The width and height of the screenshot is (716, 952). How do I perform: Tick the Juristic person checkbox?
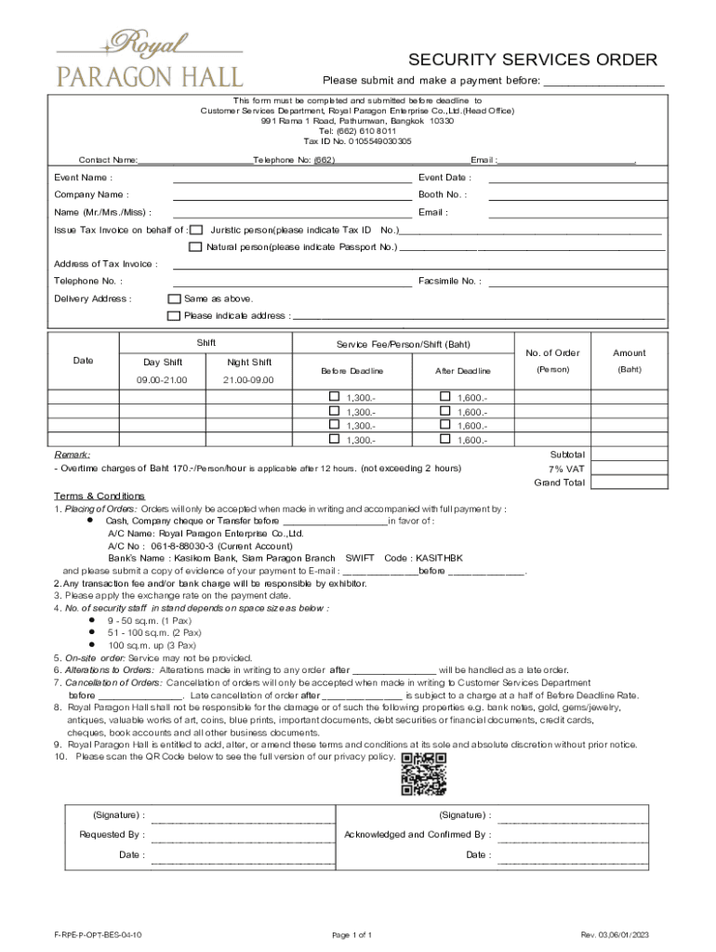(x=195, y=230)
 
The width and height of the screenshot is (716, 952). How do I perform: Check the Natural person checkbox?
(x=195, y=247)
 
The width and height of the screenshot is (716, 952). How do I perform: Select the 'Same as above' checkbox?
(x=173, y=299)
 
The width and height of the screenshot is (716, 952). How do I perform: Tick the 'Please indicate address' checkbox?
(x=173, y=316)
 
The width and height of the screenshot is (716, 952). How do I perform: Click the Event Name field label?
(x=84, y=178)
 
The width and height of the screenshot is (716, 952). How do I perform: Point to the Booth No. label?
(x=443, y=195)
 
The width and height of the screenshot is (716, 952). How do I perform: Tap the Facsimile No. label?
(x=450, y=281)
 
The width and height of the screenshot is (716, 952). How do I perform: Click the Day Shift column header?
(x=163, y=363)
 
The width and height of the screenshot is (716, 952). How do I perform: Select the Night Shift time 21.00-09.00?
(x=249, y=380)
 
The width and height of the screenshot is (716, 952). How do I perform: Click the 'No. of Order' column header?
(x=552, y=353)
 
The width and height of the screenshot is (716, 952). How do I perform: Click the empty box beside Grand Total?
(x=630, y=483)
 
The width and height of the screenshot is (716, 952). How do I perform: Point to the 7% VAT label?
(x=566, y=469)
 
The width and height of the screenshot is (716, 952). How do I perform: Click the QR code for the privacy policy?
(x=424, y=773)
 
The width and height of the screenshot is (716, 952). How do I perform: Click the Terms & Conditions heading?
(x=99, y=496)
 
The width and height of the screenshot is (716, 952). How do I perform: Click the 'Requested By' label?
(x=112, y=835)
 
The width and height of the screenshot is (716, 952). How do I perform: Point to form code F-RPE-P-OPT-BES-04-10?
(x=98, y=934)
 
